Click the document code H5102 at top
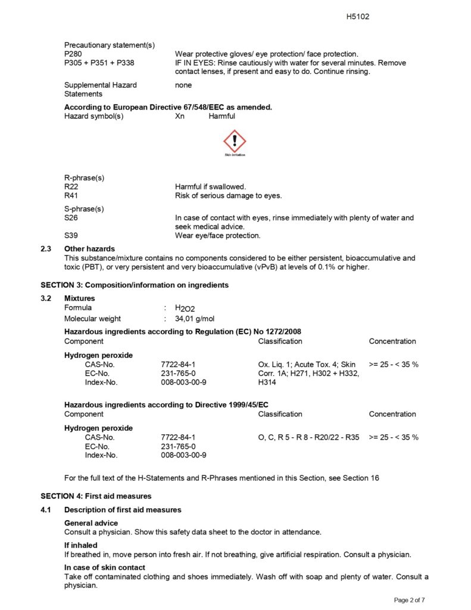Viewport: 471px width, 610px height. [x=358, y=17]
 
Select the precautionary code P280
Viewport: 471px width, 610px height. [x=73, y=54]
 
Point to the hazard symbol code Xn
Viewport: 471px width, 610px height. [x=180, y=116]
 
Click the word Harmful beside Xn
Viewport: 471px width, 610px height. [x=222, y=116]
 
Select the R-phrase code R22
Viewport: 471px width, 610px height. [x=71, y=186]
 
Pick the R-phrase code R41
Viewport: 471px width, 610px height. [x=71, y=195]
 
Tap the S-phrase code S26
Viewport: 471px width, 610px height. [x=71, y=218]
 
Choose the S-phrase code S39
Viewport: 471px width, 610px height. [x=71, y=235]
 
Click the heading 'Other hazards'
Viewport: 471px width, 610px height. [x=89, y=248]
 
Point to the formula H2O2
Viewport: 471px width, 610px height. [x=185, y=308]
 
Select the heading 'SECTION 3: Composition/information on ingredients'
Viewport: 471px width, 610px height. [x=134, y=285]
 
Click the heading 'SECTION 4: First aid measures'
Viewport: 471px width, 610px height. [x=96, y=496]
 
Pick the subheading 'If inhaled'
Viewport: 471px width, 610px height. [x=81, y=545]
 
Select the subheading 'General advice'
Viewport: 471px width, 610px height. [x=91, y=522]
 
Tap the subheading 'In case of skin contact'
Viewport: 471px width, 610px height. [x=104, y=568]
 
